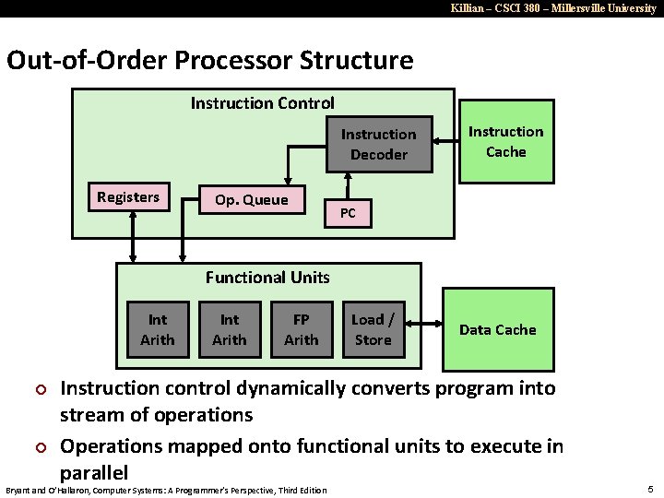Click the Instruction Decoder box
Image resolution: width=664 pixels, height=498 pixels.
pyautogui.click(x=378, y=144)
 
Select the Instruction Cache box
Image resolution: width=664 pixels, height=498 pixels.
pyautogui.click(x=505, y=142)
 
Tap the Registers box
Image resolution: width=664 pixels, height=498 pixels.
pyautogui.click(x=128, y=196)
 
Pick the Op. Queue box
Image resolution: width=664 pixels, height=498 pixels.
pyautogui.click(x=251, y=200)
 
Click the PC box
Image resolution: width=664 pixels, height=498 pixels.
pyautogui.click(x=348, y=213)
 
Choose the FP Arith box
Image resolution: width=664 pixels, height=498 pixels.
pyautogui.click(x=301, y=329)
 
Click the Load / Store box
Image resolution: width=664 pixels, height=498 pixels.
pyautogui.click(x=373, y=329)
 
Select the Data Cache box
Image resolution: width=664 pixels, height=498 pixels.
pyautogui.click(x=498, y=329)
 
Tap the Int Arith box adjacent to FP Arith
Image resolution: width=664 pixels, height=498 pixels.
pyautogui.click(x=229, y=329)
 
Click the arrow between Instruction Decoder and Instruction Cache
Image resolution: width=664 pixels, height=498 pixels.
pyautogui.click(x=446, y=142)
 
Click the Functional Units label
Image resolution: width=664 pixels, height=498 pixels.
pyautogui.click(x=267, y=277)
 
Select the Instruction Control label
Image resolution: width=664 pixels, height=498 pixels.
pyautogui.click(x=262, y=102)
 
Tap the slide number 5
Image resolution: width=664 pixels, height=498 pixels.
pyautogui.click(x=650, y=489)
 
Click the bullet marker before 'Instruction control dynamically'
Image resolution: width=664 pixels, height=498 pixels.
pyautogui.click(x=40, y=389)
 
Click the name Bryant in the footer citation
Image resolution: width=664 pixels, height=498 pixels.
pyautogui.click(x=20, y=490)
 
